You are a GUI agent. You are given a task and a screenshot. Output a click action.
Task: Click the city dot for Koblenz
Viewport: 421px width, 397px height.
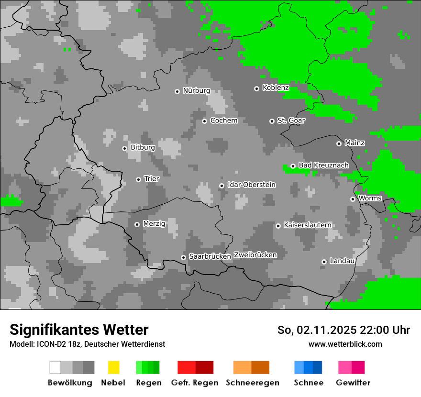256,88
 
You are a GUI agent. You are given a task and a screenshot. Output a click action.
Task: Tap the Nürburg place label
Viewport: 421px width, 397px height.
196,90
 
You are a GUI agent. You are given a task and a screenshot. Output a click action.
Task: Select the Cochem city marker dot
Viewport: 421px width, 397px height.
204,121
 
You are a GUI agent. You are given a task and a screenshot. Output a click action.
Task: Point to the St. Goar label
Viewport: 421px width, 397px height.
291,121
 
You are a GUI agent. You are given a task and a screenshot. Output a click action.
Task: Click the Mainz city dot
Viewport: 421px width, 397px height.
339,143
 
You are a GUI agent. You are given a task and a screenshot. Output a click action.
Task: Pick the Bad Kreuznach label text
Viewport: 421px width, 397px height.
323,165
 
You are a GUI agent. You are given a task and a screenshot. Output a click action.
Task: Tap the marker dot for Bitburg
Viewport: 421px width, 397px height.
124,148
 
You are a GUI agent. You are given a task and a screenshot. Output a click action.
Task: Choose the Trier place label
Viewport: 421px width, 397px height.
152,179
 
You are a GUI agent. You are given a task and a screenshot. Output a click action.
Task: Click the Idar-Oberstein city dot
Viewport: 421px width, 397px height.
222,186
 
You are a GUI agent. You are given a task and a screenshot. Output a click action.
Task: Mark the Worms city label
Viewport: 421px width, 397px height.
370,198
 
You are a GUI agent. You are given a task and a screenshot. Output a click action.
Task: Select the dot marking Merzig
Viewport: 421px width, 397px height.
137,224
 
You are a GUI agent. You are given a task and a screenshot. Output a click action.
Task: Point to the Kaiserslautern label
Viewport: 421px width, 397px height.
307,225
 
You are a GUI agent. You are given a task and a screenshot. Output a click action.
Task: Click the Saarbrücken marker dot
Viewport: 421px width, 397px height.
183,257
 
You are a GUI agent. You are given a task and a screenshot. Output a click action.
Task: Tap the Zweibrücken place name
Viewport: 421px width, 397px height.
255,255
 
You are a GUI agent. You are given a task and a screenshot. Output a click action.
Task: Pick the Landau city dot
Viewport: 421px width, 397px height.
324,262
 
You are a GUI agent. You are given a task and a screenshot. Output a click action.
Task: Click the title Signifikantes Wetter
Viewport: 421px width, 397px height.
79,330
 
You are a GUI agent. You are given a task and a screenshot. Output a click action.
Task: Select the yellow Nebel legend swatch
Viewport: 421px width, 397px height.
113,367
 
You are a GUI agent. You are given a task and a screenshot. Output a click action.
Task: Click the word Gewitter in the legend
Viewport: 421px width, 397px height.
353,383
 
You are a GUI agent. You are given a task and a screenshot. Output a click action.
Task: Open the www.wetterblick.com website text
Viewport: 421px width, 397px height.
345,344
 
